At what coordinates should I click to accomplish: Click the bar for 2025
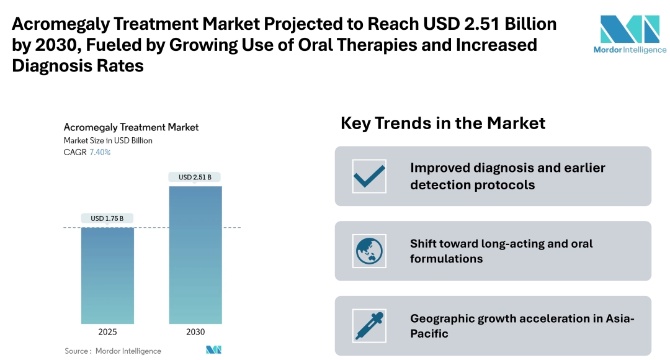[x=108, y=276]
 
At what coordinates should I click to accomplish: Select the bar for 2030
[x=195, y=255]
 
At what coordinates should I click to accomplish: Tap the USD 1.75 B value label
[x=107, y=218]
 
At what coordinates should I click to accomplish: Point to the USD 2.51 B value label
[x=195, y=177]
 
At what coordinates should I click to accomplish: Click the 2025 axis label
[x=107, y=332]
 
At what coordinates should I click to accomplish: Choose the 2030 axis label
[x=195, y=332]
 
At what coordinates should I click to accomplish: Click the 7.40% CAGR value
[x=100, y=152]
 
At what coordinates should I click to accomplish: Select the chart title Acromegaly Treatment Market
[x=131, y=127]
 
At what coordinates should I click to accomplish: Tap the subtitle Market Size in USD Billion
[x=108, y=141]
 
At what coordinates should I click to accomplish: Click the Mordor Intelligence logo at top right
[x=630, y=35]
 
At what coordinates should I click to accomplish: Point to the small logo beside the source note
[x=213, y=349]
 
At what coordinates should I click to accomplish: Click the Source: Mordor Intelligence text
[x=113, y=351]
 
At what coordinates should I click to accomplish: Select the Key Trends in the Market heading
[x=443, y=123]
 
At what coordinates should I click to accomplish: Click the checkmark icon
[x=369, y=176]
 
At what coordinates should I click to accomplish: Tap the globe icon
[x=369, y=251]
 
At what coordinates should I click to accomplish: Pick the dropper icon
[x=369, y=326]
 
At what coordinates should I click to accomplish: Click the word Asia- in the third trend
[x=620, y=318]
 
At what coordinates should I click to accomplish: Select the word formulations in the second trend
[x=447, y=259]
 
